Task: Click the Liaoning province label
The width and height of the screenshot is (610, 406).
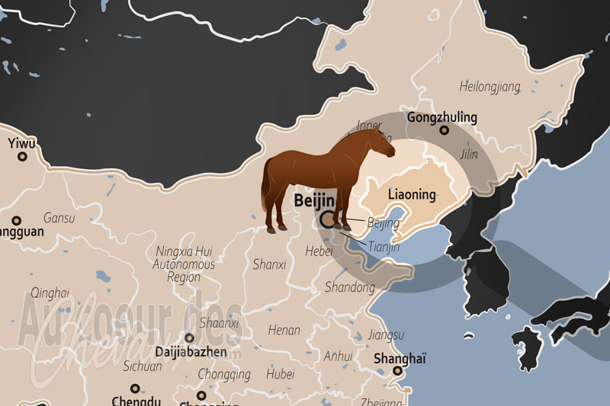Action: point(412,194)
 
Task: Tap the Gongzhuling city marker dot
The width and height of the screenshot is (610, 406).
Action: point(444,130)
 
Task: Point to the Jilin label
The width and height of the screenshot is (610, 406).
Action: point(469,155)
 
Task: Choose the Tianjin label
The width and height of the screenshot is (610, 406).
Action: point(383,247)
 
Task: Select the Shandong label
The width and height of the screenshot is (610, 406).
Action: point(350,287)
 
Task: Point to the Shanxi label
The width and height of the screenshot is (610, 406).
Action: point(269,264)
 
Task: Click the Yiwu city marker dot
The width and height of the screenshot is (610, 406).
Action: point(22,156)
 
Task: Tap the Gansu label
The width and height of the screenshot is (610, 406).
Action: point(59,218)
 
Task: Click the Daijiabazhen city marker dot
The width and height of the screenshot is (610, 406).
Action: point(189,337)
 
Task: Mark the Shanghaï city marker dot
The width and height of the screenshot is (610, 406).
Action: point(397,371)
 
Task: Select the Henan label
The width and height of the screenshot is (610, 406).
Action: point(285,331)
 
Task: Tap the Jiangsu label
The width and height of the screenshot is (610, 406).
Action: point(385,334)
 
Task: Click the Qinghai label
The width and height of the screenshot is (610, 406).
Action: point(50,293)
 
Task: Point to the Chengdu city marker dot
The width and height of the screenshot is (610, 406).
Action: point(135,388)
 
